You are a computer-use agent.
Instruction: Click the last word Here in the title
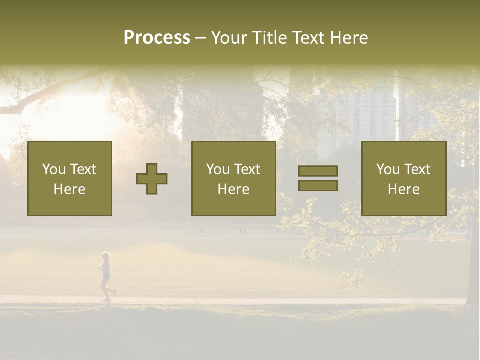(349, 38)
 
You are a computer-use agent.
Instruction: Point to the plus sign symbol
(152, 179)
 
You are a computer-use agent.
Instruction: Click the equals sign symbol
(318, 178)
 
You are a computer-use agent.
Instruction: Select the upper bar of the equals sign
(318, 171)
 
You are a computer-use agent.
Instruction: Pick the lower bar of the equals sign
(318, 185)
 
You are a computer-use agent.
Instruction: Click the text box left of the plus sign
(70, 178)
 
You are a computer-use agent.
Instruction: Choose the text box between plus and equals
(233, 178)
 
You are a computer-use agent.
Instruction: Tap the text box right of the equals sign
(403, 178)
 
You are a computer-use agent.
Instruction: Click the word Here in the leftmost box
(70, 189)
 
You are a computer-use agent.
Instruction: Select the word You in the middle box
(218, 169)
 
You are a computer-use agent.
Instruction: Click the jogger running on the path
(106, 278)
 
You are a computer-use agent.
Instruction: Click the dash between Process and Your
(200, 38)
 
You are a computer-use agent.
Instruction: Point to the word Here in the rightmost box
(403, 189)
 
